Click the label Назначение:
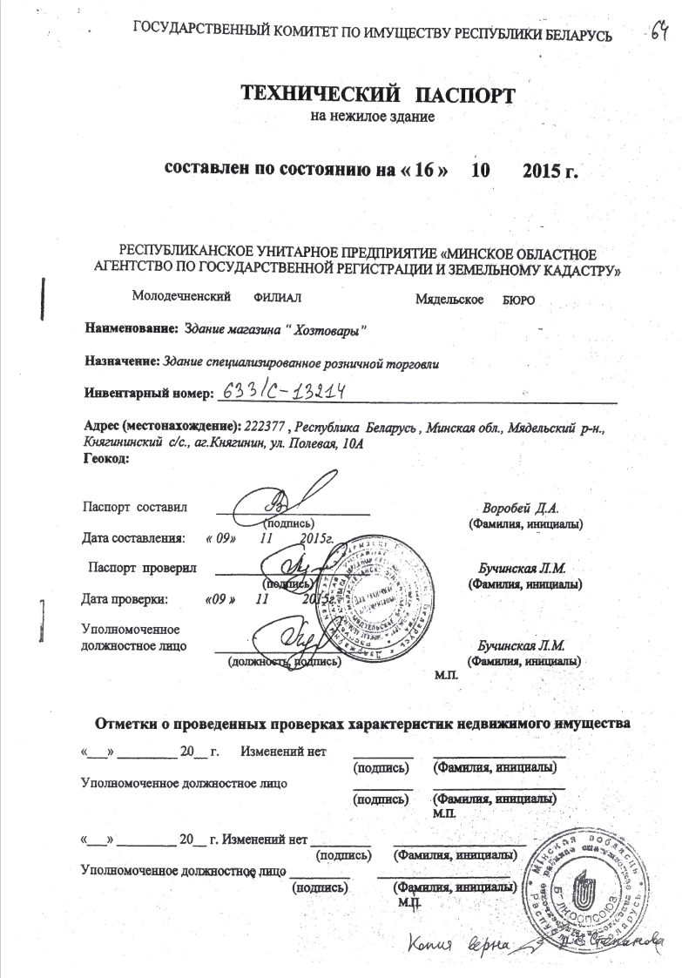(x=121, y=361)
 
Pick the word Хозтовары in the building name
(x=327, y=329)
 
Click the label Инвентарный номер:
(x=147, y=394)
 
